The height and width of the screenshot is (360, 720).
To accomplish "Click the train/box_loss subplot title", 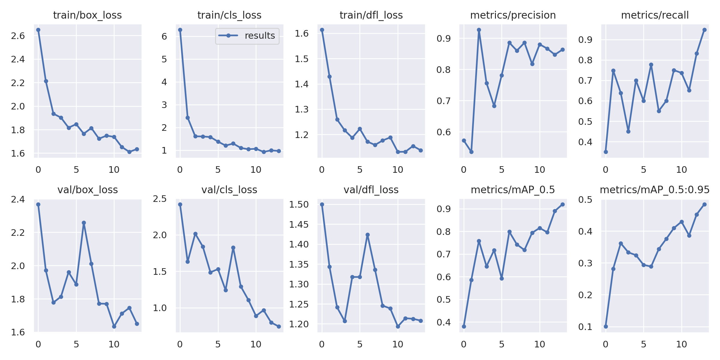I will click(x=87, y=15).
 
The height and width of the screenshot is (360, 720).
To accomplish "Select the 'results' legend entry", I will click(x=247, y=36).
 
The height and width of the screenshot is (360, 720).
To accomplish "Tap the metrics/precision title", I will click(x=513, y=15).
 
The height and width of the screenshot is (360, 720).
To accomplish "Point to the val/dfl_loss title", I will click(x=371, y=190).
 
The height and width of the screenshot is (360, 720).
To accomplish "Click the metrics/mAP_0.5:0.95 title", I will click(x=655, y=190).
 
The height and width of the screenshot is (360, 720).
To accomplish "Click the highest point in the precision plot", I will click(x=479, y=30).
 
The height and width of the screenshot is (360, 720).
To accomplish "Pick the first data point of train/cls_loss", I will click(x=180, y=30).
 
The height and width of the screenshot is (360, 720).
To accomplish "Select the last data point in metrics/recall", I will click(x=704, y=30).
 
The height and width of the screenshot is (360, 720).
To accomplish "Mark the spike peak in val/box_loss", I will click(x=84, y=223).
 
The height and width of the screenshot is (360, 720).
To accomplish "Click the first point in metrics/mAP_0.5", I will click(x=464, y=326).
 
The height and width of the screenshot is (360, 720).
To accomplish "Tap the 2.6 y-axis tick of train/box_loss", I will click(x=18, y=36).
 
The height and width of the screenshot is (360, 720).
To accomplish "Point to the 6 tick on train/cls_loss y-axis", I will click(x=164, y=37).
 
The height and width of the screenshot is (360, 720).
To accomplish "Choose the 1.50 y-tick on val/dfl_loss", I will click(x=299, y=205).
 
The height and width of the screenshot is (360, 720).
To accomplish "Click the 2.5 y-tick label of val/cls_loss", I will click(x=160, y=199).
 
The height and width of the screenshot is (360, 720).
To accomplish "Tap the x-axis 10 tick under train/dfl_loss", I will click(x=398, y=170).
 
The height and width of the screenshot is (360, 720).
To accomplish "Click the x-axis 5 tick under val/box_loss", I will click(x=76, y=344).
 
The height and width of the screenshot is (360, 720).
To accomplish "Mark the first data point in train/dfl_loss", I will click(x=322, y=30).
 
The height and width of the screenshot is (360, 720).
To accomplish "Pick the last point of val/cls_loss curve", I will click(x=279, y=326).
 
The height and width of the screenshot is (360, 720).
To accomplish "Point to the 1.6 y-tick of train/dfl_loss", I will click(x=302, y=33).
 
